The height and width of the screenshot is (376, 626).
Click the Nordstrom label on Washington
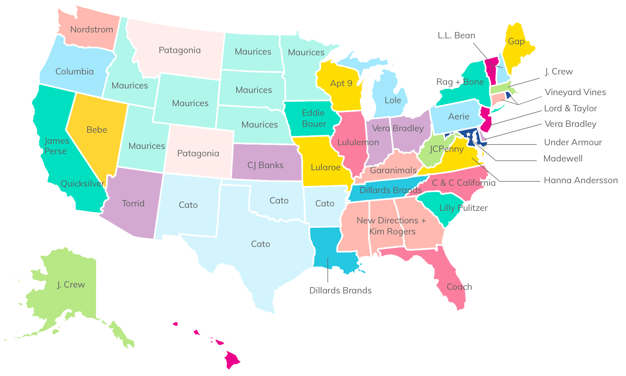click(x=92, y=29)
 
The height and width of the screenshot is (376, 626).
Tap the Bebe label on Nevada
click(x=97, y=130)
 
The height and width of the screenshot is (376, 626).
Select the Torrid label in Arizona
click(x=133, y=203)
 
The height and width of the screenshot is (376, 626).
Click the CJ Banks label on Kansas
click(x=265, y=165)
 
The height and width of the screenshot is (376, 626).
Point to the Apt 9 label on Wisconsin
click(x=341, y=83)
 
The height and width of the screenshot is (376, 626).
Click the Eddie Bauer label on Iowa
click(x=314, y=118)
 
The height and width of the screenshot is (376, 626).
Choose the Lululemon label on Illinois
click(x=358, y=142)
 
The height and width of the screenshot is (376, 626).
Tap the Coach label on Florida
click(x=459, y=287)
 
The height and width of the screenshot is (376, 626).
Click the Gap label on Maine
click(x=516, y=41)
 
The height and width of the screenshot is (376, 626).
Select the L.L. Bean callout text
click(x=456, y=35)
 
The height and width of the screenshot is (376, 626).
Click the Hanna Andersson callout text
click(x=581, y=180)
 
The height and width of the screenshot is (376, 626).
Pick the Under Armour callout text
click(x=573, y=142)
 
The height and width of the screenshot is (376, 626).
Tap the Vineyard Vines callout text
click(x=575, y=92)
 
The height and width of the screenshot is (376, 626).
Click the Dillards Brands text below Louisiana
click(x=340, y=290)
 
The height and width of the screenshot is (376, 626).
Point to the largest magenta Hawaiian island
click(x=233, y=359)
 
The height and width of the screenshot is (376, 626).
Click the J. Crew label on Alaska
click(x=71, y=285)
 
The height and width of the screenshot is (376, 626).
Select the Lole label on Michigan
click(x=393, y=100)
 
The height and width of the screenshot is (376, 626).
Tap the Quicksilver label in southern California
click(x=82, y=184)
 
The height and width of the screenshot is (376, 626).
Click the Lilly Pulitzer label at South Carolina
click(x=463, y=208)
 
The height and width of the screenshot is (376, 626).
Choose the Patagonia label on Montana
click(x=179, y=50)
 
